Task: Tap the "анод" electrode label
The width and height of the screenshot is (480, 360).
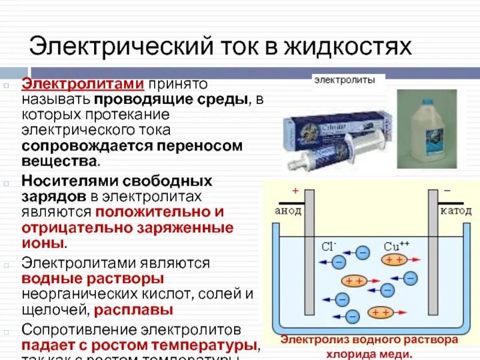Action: (287, 211)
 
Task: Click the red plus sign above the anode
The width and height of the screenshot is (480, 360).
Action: (295, 191)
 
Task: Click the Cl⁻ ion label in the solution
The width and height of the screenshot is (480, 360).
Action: (328, 247)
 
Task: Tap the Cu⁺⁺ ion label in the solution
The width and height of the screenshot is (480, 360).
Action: (396, 247)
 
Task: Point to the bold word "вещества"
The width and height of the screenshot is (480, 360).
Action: (59, 161)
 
